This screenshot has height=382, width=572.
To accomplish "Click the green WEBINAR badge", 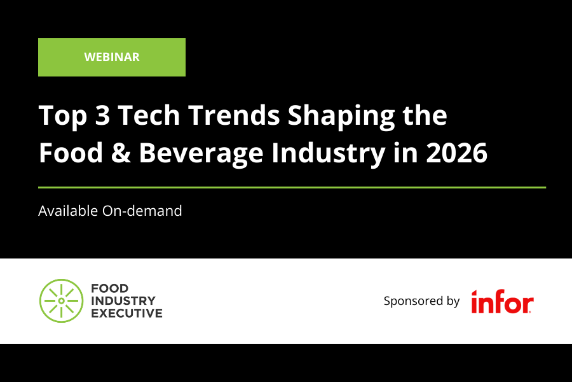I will pyautogui.click(x=112, y=57).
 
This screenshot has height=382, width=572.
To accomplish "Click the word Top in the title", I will pyautogui.click(x=60, y=117).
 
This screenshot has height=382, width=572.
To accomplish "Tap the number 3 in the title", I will pyautogui.click(x=100, y=117).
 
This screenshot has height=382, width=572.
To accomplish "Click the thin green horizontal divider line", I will pyautogui.click(x=292, y=187).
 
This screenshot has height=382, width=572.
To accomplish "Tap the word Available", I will pyautogui.click(x=68, y=211).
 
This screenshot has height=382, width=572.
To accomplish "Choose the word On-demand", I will pyautogui.click(x=142, y=211).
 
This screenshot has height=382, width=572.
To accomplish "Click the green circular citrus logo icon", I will pyautogui.click(x=61, y=301).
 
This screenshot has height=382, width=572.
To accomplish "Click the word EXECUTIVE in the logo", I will pyautogui.click(x=126, y=313).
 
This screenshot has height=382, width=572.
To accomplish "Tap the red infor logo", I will pyautogui.click(x=502, y=302).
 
